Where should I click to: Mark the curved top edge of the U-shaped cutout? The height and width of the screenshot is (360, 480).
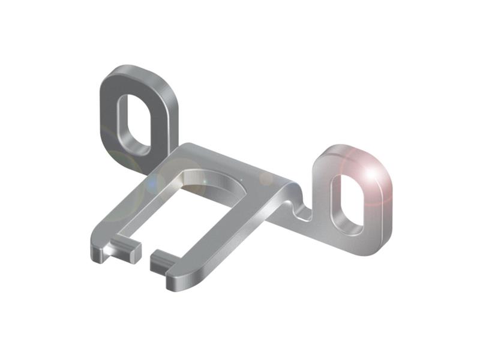coord(216,174)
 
